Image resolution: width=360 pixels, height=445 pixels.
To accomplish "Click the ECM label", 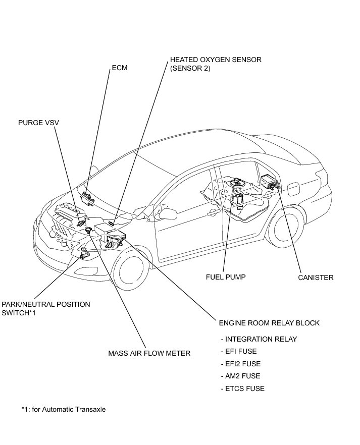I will (119, 68).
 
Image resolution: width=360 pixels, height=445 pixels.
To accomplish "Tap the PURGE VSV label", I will (36, 122).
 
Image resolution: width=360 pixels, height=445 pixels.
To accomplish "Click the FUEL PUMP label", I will (226, 277).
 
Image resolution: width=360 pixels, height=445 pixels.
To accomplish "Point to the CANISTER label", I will (316, 277).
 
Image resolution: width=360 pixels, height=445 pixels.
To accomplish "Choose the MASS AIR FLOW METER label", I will (149, 353).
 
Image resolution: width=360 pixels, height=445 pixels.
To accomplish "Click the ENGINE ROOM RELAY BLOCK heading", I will (269, 323).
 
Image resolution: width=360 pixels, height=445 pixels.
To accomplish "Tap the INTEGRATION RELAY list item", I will (259, 339).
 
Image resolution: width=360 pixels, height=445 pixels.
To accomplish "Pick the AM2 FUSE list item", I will (240, 376).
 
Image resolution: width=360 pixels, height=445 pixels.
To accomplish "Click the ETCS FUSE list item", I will (242, 388).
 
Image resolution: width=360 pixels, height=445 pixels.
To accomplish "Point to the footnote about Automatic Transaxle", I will (64, 409).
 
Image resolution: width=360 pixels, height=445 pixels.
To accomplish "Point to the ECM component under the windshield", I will (89, 197).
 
